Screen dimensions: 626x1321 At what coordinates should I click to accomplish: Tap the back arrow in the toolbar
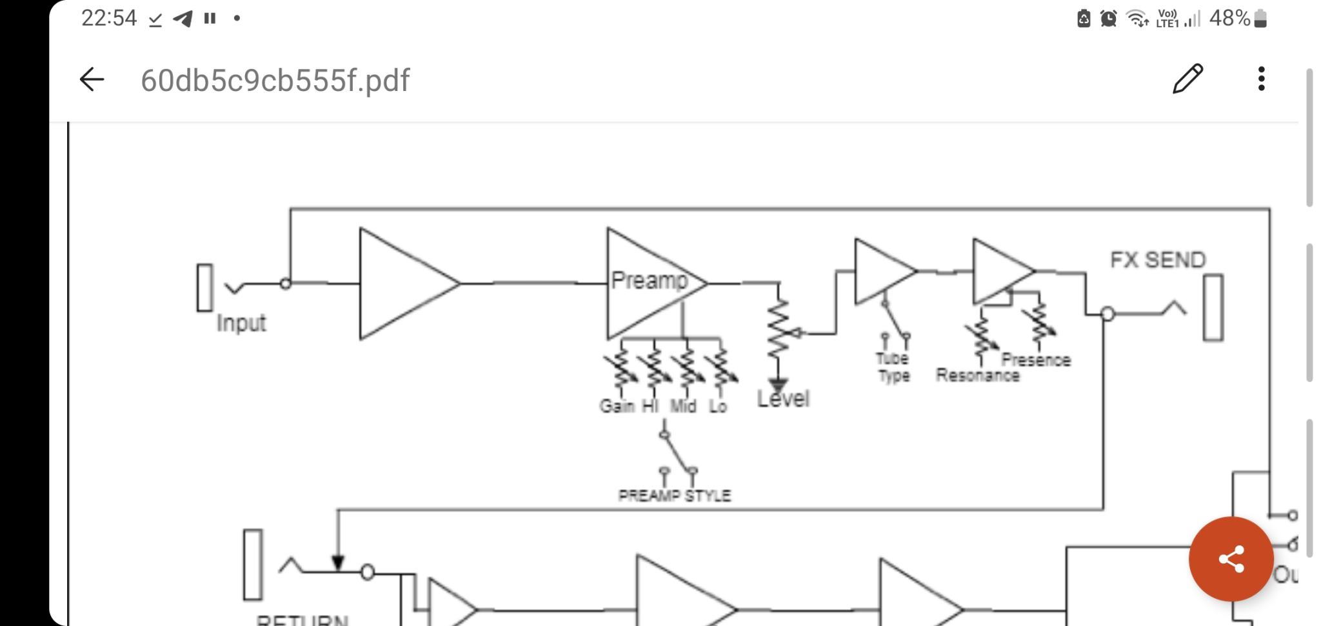[x=92, y=79]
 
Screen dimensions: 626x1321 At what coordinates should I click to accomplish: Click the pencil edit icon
[x=1187, y=79]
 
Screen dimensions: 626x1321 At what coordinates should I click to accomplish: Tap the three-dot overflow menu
[x=1261, y=79]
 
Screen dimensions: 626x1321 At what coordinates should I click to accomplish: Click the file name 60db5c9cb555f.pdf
[x=275, y=81]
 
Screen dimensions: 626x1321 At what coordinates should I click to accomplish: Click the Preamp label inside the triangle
[x=649, y=280]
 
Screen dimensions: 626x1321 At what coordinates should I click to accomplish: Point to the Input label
[x=241, y=323]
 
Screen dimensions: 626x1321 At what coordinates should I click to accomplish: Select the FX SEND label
[x=1157, y=260]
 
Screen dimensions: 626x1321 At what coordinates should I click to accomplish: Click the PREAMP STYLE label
[x=674, y=496]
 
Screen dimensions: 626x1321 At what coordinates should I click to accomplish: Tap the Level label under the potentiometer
[x=783, y=399]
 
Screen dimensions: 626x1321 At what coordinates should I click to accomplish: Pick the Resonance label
[x=977, y=376]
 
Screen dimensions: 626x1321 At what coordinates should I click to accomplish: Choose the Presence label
[x=1036, y=360]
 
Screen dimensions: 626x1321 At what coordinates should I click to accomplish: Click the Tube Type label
[x=893, y=367]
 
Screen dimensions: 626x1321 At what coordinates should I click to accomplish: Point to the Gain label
[x=617, y=406]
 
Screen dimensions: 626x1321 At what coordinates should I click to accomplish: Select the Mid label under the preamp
[x=683, y=406]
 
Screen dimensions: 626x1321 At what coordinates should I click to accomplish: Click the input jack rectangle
[x=204, y=288]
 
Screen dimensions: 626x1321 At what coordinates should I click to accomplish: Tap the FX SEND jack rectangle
[x=1213, y=308]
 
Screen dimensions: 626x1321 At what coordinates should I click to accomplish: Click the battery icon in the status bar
[x=1261, y=19]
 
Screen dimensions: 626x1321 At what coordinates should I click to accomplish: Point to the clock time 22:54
[x=109, y=18]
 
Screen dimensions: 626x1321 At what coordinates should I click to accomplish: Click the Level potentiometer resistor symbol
[x=779, y=329]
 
